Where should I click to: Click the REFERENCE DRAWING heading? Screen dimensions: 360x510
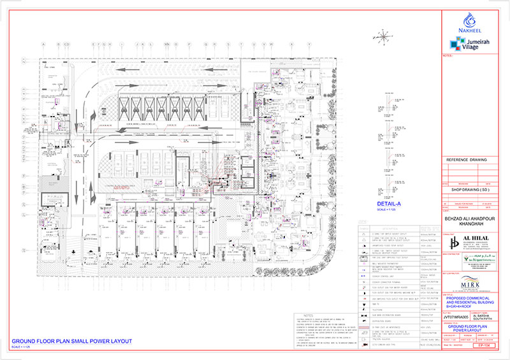click(x=465, y=160)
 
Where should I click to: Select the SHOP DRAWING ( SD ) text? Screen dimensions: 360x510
click(x=465, y=188)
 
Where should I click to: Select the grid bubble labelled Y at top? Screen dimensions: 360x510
click(x=309, y=44)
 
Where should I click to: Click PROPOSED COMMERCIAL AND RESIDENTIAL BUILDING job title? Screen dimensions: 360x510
click(x=473, y=300)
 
